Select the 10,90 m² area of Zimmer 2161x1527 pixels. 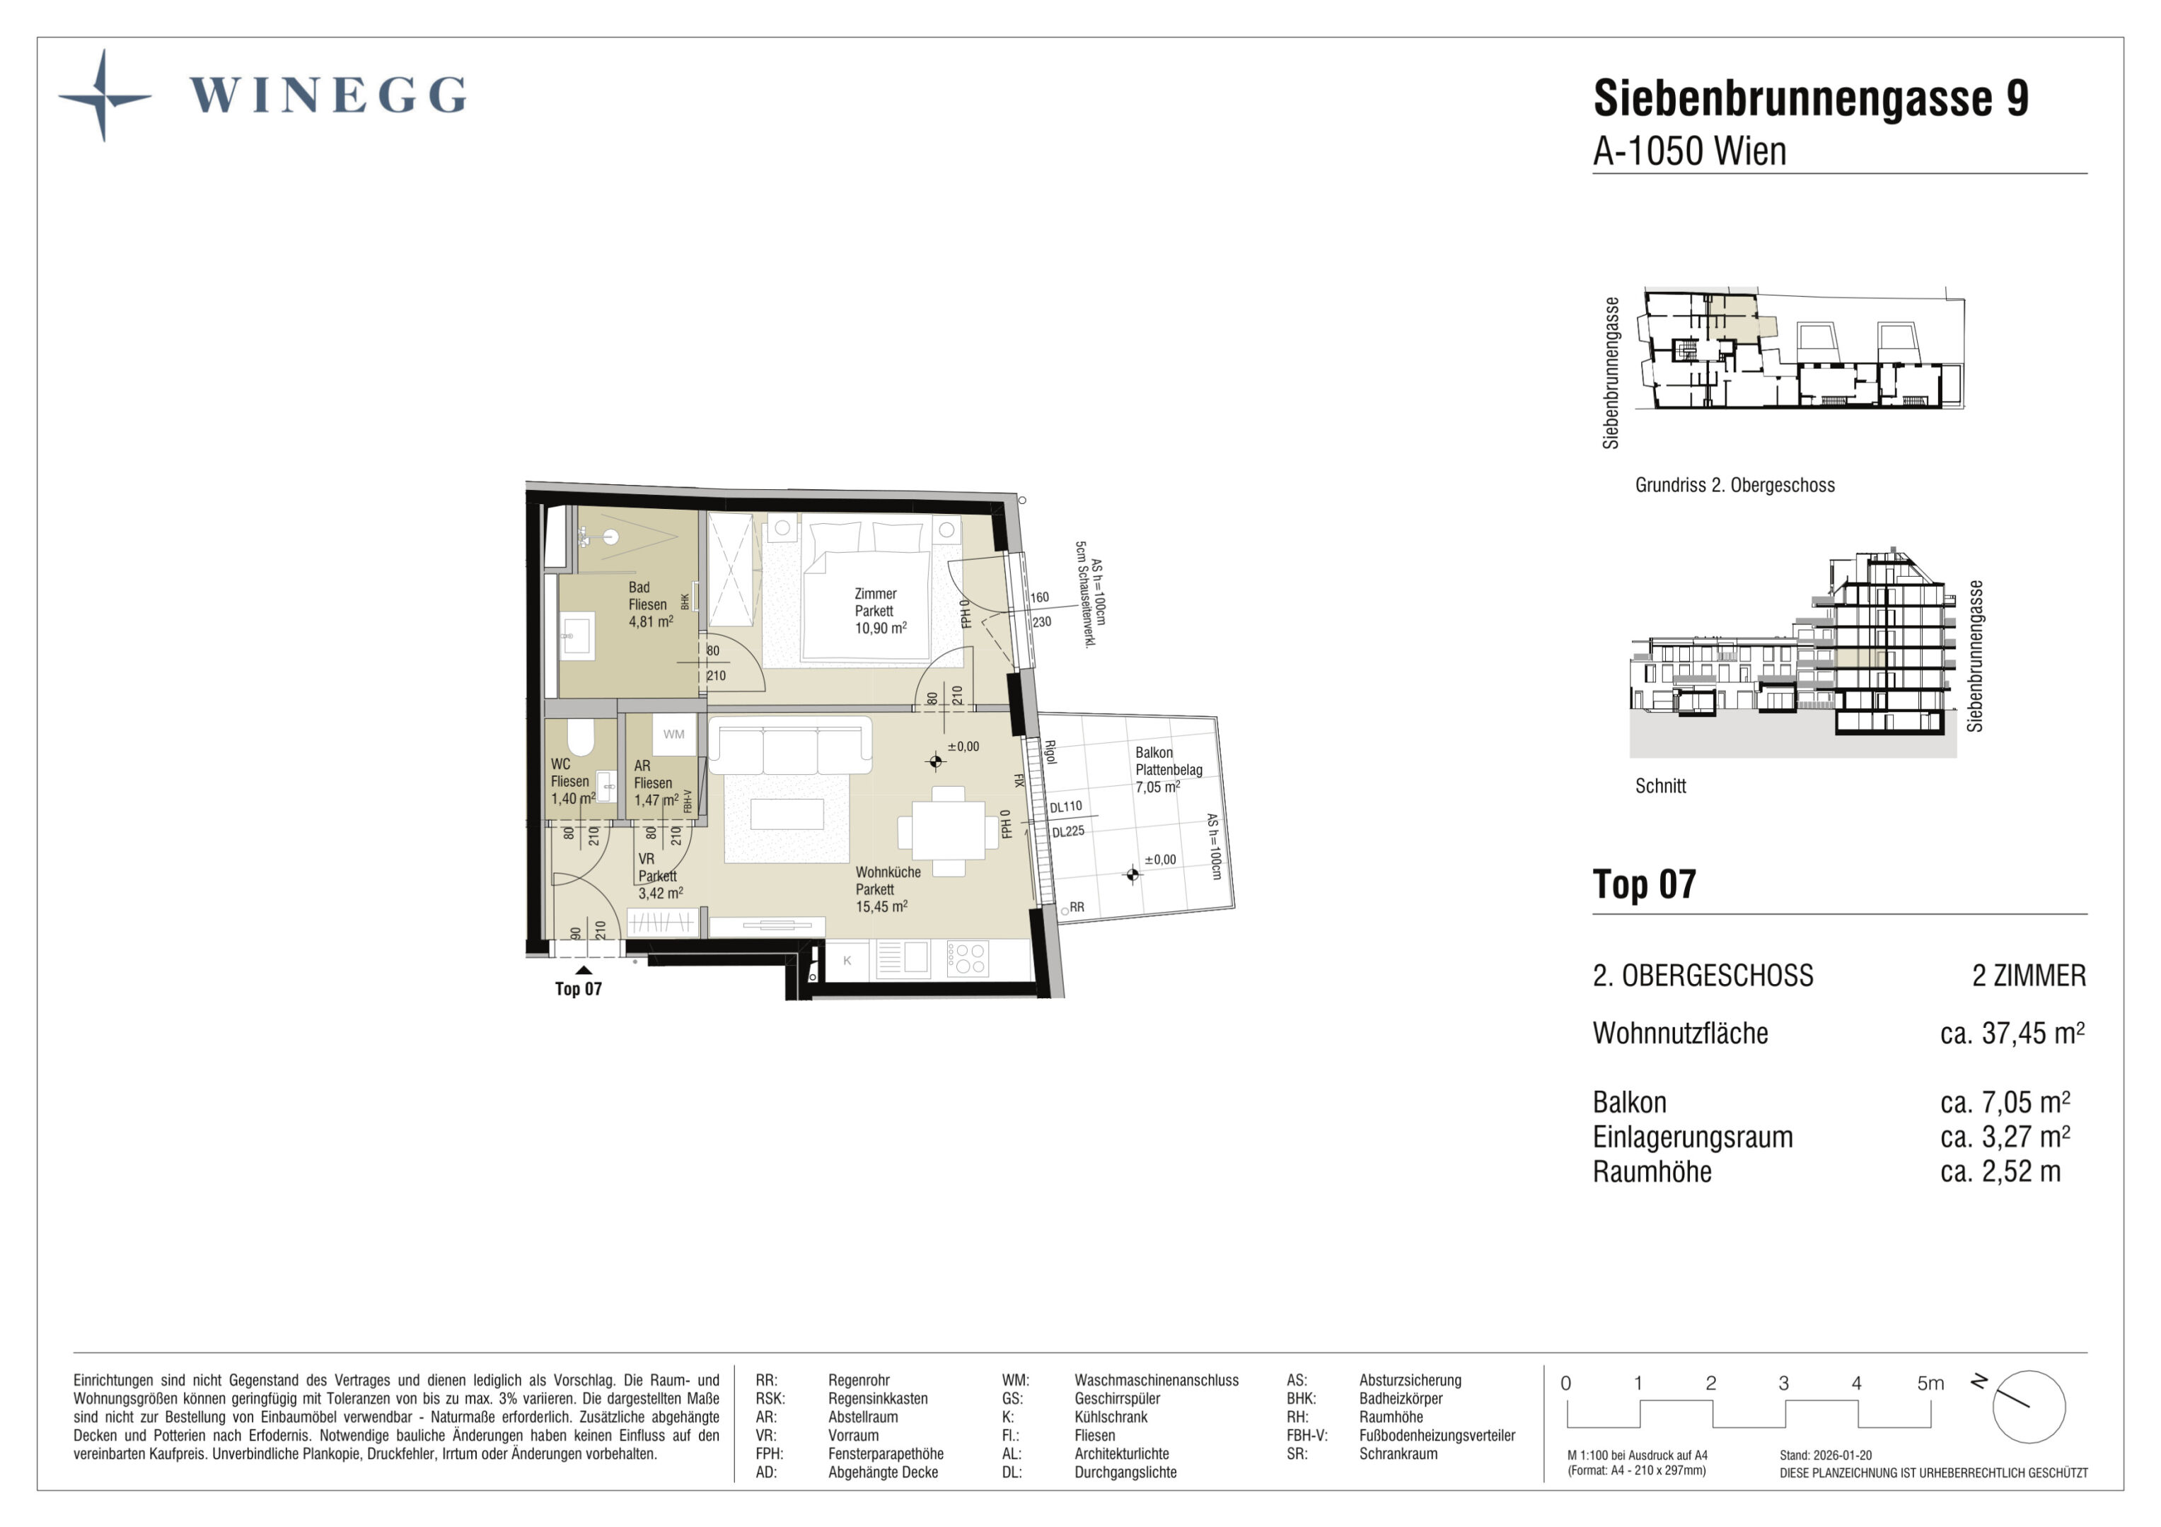(x=880, y=628)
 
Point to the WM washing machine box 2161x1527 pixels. (x=674, y=735)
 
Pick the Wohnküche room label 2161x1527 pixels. (x=888, y=872)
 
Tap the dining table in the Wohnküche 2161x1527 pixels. (x=948, y=831)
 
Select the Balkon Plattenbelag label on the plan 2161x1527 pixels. (x=1168, y=761)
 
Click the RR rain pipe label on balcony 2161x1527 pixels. (x=1077, y=907)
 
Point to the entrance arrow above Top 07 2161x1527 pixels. (x=584, y=970)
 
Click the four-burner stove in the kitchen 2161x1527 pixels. (x=968, y=959)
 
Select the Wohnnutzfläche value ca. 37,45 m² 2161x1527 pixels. (x=2012, y=1033)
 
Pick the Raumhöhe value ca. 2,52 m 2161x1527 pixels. (x=2000, y=1172)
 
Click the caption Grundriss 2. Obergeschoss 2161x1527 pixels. (x=1734, y=486)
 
